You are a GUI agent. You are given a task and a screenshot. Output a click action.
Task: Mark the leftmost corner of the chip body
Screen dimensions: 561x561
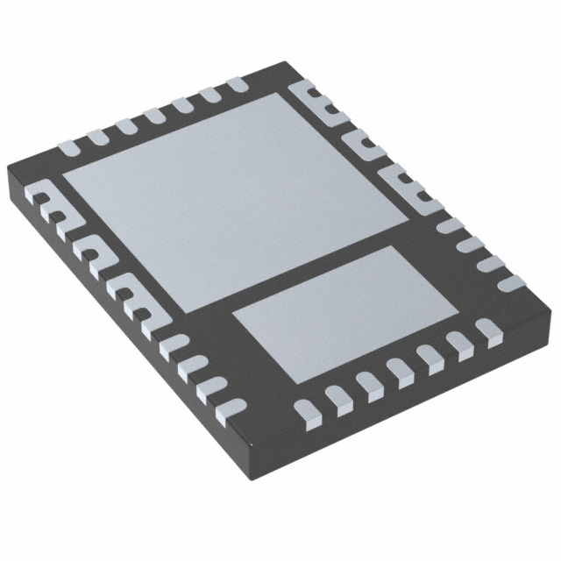point(9,167)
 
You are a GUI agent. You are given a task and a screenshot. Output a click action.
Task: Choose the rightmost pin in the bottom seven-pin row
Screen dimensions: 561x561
point(486,330)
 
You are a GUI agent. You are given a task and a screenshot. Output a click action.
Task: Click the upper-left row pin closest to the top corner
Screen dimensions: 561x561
point(236,85)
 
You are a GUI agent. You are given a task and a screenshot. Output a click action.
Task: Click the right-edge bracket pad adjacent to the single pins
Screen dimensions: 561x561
point(404,186)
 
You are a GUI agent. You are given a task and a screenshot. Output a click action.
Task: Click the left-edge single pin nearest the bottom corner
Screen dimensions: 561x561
point(224,402)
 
